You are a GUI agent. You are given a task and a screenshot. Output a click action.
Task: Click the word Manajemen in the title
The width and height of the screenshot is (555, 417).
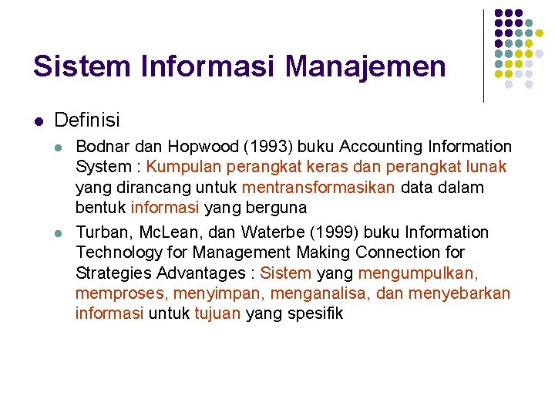365,66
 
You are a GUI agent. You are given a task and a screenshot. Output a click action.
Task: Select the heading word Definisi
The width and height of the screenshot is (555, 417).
87,120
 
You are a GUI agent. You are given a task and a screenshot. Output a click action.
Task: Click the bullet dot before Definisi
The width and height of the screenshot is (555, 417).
39,120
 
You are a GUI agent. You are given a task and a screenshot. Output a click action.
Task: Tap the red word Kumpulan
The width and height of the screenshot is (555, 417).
179,167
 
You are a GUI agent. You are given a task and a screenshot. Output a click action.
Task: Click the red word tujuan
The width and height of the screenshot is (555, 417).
217,314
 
